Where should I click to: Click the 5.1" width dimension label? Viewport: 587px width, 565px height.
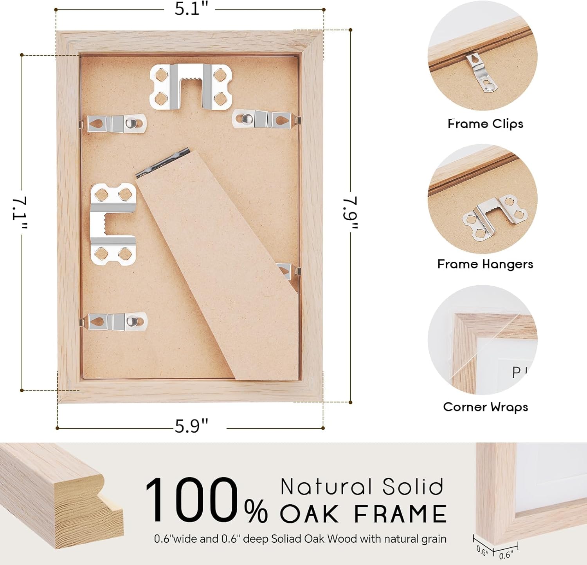[x=191, y=9]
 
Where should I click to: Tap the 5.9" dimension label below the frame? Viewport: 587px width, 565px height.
[x=191, y=426]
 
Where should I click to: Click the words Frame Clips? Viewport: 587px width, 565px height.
[x=485, y=124]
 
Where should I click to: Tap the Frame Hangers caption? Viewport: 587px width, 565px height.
[x=485, y=264]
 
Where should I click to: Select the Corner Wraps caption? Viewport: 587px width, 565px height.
[x=485, y=407]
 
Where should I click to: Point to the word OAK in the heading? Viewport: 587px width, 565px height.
[x=309, y=514]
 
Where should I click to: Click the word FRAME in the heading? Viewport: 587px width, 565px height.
[x=400, y=514]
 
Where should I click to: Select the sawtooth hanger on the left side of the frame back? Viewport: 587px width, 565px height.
[x=113, y=224]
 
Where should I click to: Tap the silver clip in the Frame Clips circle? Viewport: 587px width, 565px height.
[x=481, y=73]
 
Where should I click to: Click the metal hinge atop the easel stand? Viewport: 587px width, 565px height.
[x=163, y=162]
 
